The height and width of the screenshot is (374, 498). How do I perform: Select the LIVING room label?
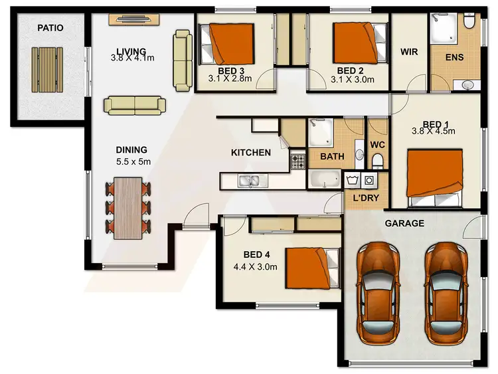point(131,50)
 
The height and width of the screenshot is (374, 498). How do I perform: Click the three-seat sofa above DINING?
point(135,104)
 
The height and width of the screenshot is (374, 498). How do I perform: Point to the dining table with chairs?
point(129,207)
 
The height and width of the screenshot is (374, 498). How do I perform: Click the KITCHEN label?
point(250,153)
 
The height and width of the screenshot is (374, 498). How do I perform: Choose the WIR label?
point(409,52)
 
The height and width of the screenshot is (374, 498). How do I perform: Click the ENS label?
point(455,57)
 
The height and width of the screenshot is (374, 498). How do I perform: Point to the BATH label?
point(331,157)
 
